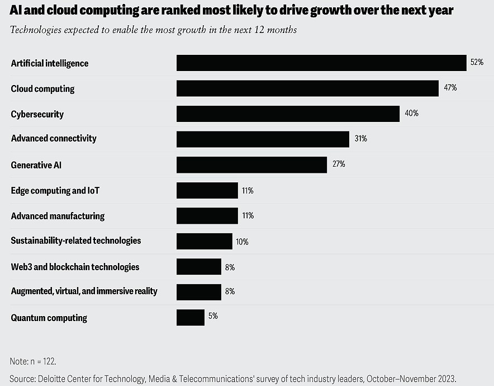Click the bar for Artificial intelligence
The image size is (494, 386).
point(321,63)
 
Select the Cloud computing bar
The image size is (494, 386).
point(307,88)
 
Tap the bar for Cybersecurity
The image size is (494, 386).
point(288,114)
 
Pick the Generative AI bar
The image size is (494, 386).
point(251,164)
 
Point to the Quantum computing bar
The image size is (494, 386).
point(190,317)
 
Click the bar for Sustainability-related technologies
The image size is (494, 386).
point(204,241)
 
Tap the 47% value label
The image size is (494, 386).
point(450,88)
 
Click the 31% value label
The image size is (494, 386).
point(360,139)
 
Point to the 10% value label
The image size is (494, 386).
point(241,242)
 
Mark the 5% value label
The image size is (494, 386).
point(213,316)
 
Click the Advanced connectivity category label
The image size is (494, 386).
point(54,138)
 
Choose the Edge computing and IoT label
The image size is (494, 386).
point(55,191)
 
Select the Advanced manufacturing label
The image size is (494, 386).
point(58,216)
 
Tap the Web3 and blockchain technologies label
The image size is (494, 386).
point(75,267)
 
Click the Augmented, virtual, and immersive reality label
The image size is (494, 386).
point(84,291)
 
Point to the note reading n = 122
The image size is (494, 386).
point(33,361)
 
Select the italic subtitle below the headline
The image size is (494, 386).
point(153,30)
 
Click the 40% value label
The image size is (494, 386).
point(411,114)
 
